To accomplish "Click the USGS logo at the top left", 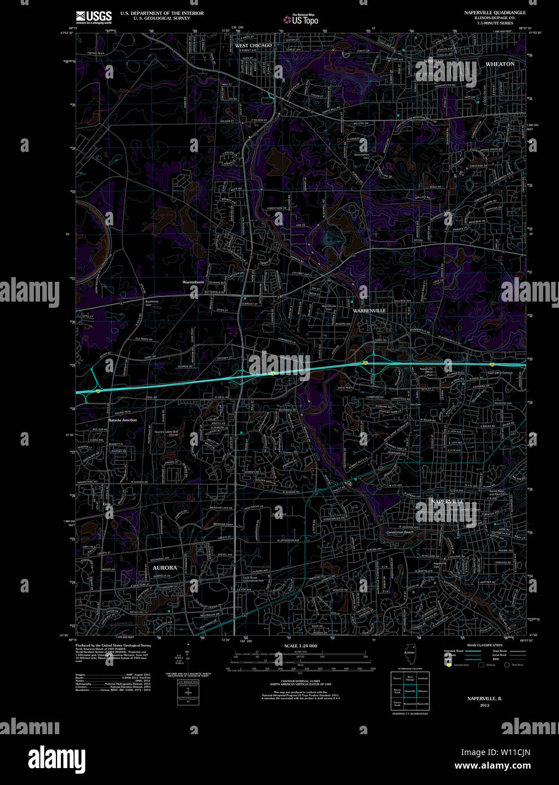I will (94, 17).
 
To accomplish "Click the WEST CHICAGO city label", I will (253, 45).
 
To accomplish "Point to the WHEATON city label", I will (500, 64).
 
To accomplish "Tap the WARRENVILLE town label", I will (370, 311).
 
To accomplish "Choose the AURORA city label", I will (165, 568).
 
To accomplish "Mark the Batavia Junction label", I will (123, 420).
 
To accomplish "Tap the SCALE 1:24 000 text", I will (300, 646).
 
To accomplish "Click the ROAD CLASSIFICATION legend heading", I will (484, 645).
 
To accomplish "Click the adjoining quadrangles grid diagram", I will (410, 691).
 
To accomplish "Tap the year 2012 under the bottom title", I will (484, 705).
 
